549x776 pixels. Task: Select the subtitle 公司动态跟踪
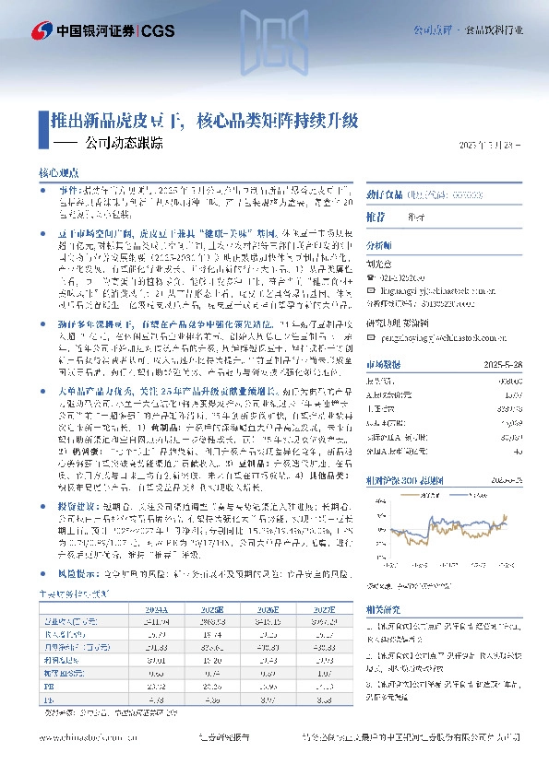(124, 144)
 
